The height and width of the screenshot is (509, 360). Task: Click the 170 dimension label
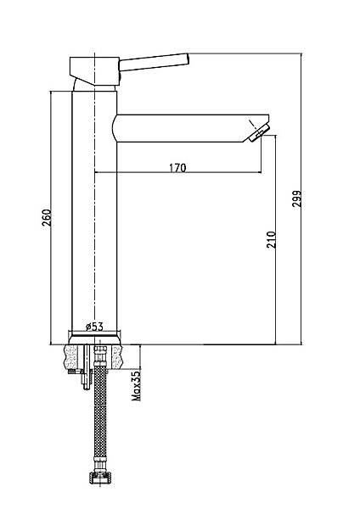coord(177,167)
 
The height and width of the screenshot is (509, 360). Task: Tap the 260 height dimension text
coord(47,218)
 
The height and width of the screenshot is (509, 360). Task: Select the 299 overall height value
coord(296,199)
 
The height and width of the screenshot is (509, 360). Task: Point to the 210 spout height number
coord(271,239)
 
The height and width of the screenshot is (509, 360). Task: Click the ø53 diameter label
coord(94,327)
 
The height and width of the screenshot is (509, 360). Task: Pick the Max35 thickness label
coord(137,385)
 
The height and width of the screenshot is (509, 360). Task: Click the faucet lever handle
coord(154,62)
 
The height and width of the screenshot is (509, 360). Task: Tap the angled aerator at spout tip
coord(259,131)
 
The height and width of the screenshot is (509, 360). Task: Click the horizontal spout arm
coord(192,128)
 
